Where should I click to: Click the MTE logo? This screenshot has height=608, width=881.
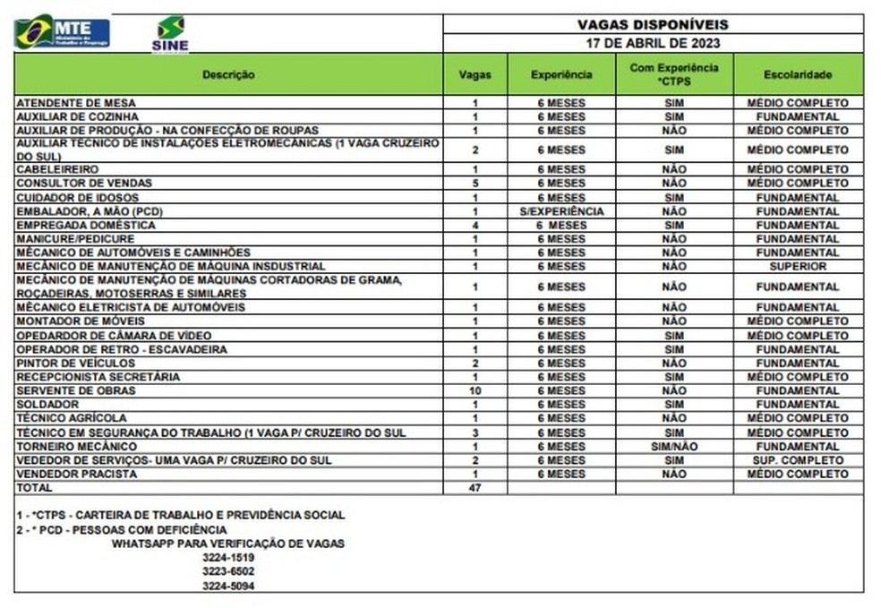point(62,32)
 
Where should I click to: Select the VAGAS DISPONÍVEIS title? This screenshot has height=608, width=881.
point(653,24)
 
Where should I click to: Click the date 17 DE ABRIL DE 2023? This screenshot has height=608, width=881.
point(653,43)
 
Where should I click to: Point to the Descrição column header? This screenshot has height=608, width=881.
point(228,74)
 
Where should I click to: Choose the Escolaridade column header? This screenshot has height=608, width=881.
point(798,74)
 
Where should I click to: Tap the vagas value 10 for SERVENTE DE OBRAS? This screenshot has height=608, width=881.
point(475,390)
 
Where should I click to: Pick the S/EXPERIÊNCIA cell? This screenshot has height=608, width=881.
point(561,211)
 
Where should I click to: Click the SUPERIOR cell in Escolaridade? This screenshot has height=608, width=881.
point(798,267)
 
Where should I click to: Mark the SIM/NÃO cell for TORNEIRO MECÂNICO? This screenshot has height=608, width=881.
point(674,446)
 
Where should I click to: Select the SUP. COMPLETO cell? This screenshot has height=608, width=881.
point(798,460)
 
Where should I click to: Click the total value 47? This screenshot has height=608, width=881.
point(475,488)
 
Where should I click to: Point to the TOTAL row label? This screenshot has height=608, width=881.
point(35,488)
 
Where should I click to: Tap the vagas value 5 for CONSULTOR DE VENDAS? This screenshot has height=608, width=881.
point(475,184)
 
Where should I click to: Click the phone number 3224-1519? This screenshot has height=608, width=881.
point(228,557)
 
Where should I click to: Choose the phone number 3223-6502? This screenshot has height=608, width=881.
point(228,571)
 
